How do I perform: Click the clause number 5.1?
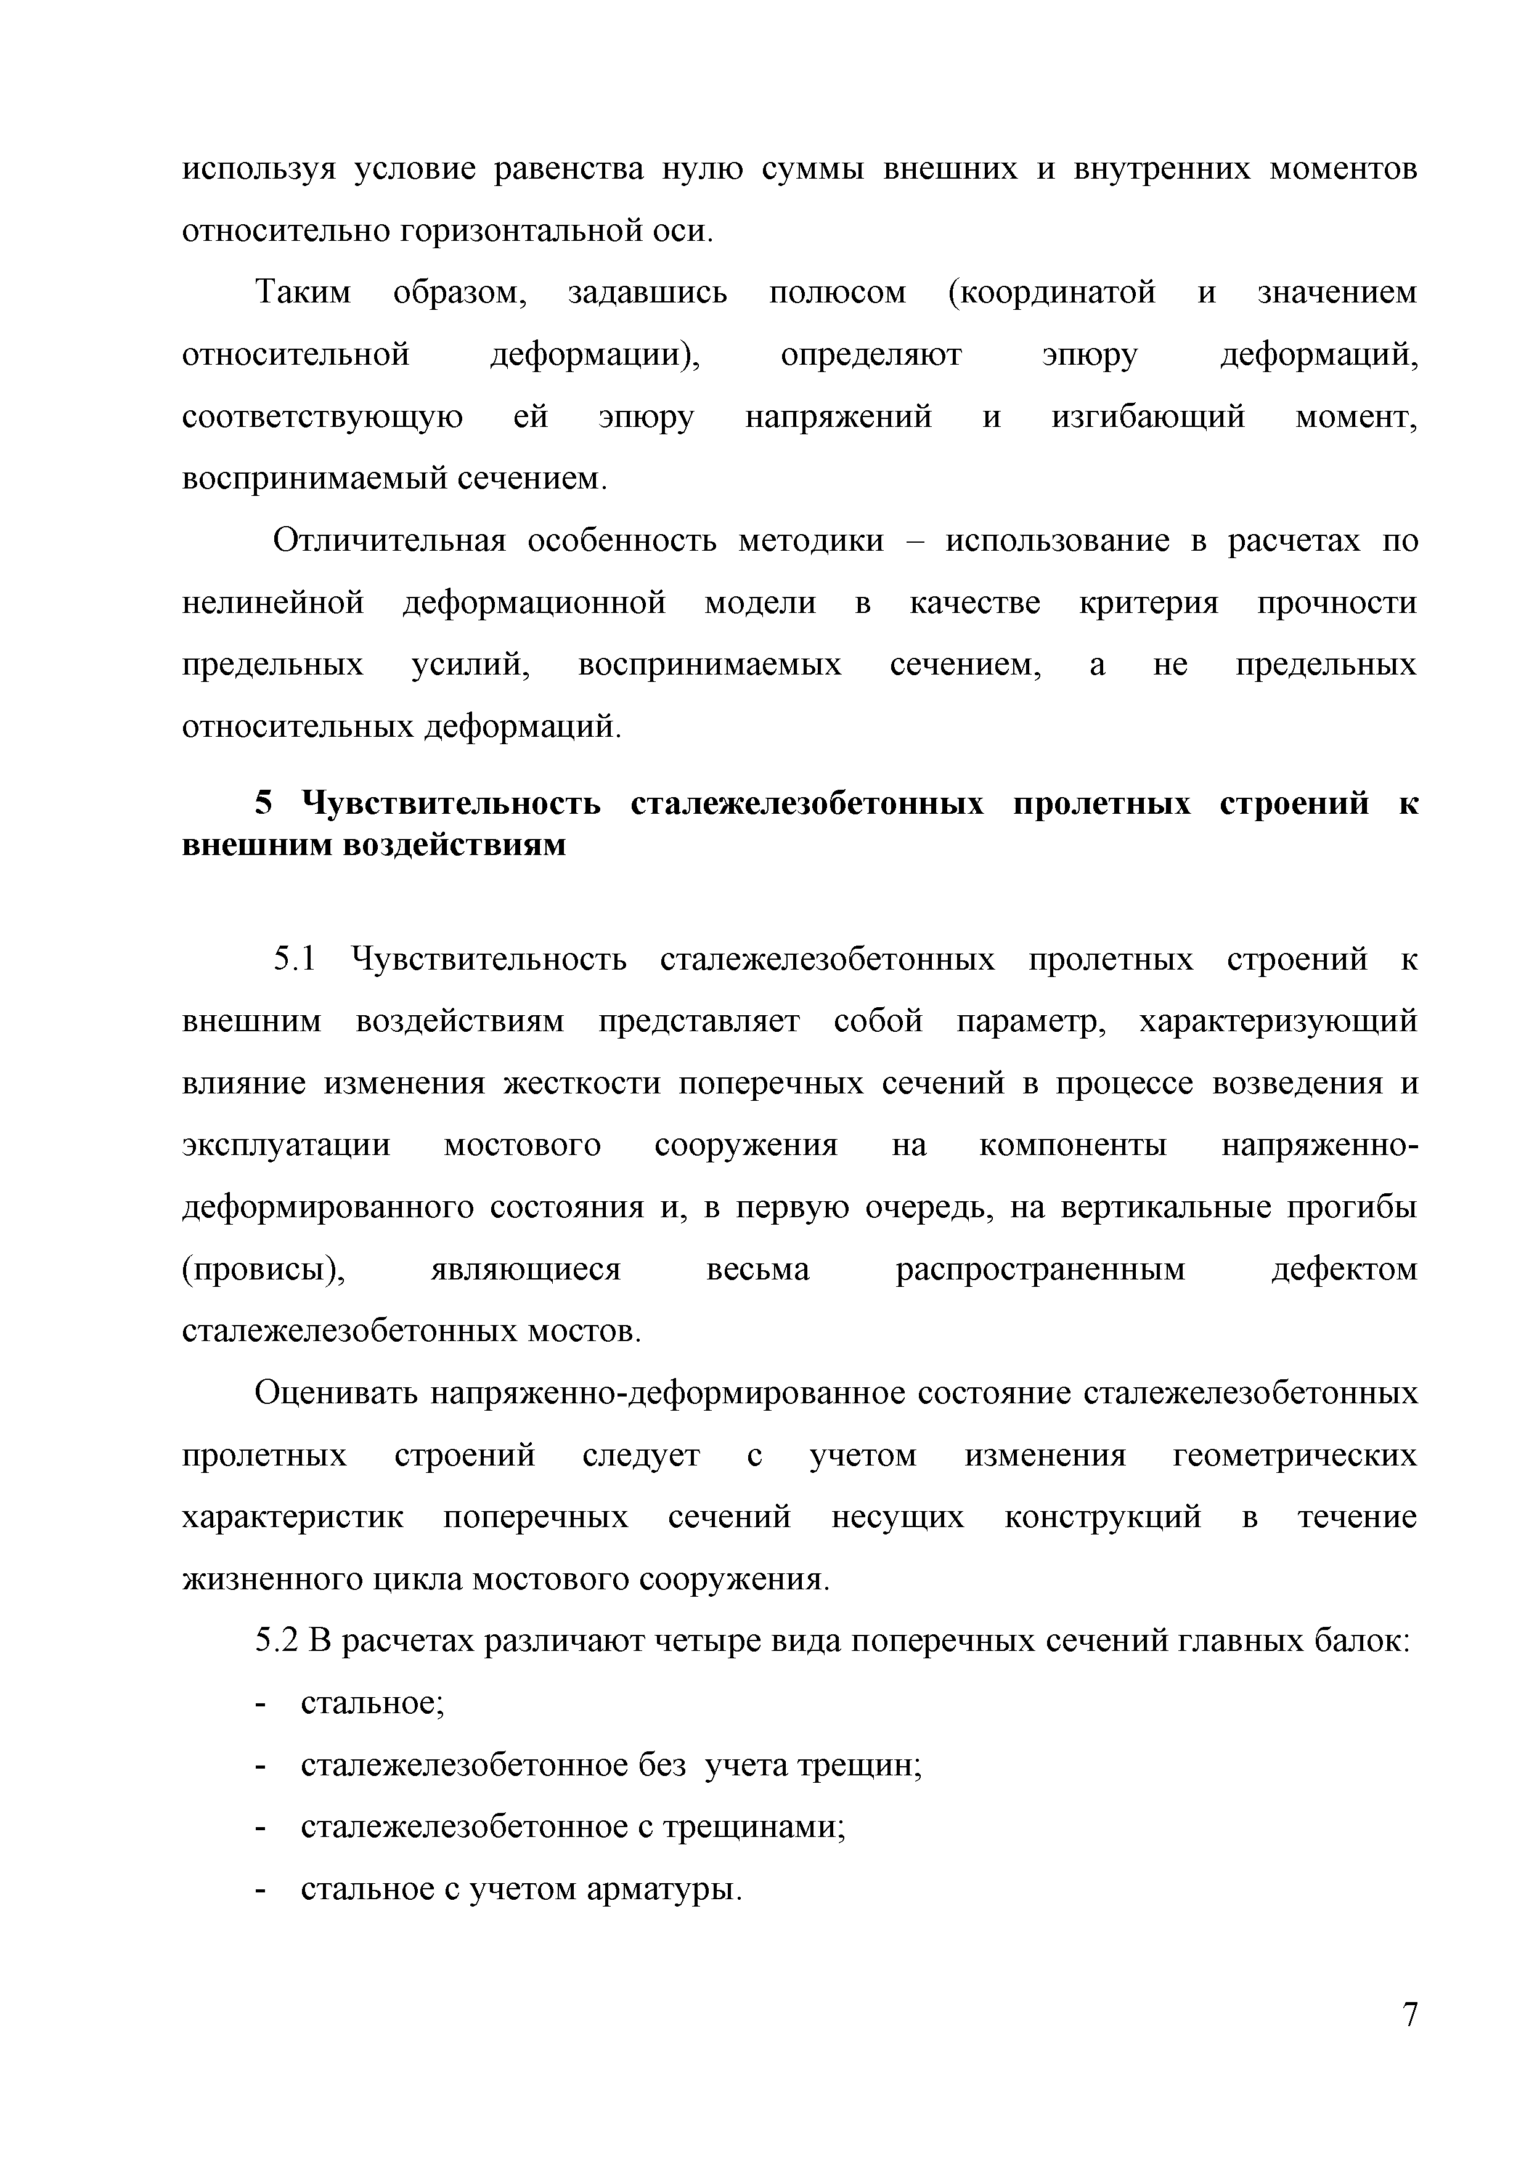pyautogui.click(x=295, y=959)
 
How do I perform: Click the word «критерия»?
pyautogui.click(x=1148, y=602)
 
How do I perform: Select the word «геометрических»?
pyautogui.click(x=1295, y=1455)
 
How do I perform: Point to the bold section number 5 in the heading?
pyautogui.click(x=264, y=804)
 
